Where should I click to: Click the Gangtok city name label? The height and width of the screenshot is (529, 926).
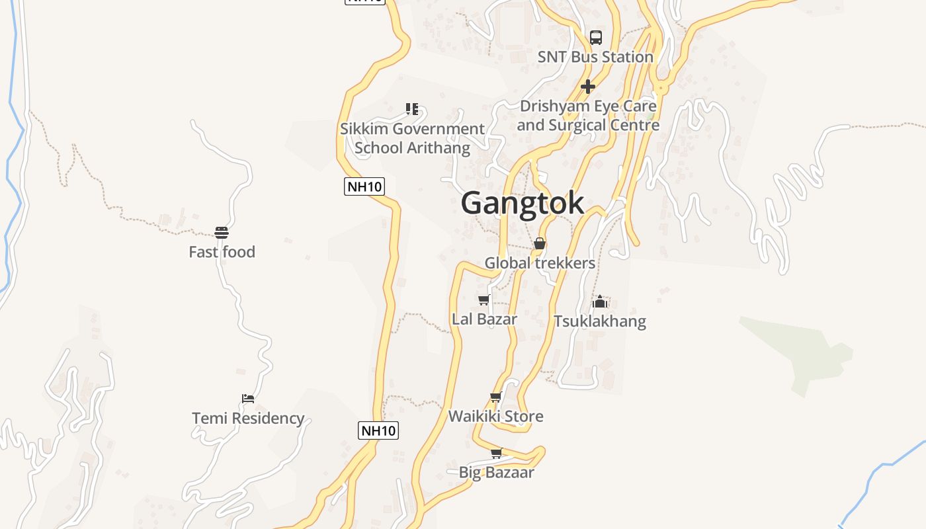point(523,203)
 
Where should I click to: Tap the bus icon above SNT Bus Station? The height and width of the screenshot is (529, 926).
point(596,37)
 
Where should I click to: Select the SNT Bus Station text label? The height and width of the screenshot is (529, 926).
point(595,58)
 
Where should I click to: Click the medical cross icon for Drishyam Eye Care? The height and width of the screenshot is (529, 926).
point(587,87)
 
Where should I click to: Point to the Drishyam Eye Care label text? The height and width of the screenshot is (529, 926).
point(588,116)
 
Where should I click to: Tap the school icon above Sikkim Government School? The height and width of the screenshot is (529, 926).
point(412,108)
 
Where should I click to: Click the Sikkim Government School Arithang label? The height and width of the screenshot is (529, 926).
point(412,138)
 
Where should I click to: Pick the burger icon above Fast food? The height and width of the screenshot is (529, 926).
point(222,232)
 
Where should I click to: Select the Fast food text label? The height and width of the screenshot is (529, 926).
point(222,252)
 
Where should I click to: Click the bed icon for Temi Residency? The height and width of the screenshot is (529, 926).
point(248,398)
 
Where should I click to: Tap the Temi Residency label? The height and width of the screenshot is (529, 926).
point(248,419)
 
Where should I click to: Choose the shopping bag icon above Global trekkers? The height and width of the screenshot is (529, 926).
point(540,243)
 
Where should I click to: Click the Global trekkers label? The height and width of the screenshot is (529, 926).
point(540,263)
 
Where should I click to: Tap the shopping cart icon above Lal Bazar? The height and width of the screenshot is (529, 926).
point(484,300)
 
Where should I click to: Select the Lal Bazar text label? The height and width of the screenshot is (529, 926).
point(484,319)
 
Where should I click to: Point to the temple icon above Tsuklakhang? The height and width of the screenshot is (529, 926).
point(600,302)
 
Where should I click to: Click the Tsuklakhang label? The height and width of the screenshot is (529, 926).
point(600,321)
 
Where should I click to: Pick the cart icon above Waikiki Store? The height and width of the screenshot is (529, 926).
point(496,397)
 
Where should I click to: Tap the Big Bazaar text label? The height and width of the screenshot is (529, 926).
point(496,473)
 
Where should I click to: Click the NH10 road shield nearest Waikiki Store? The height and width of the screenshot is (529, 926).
point(378,430)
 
